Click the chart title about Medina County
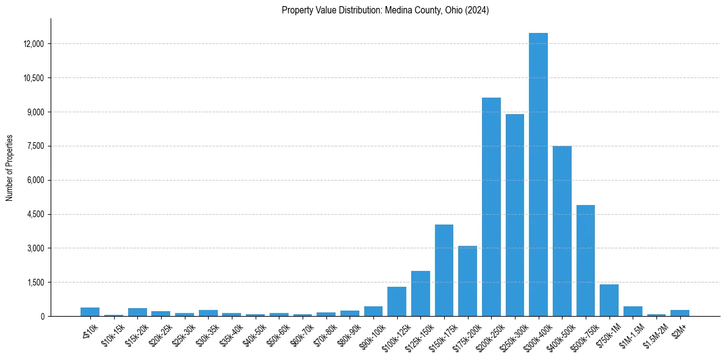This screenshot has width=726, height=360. click(385, 10)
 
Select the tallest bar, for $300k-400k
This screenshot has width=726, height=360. click(538, 175)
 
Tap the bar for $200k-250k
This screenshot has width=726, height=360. click(491, 207)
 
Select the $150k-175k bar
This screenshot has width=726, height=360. click(444, 270)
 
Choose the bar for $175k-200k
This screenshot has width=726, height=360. click(467, 281)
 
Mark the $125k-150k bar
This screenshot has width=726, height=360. click(420, 293)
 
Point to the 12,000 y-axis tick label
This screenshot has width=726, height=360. click(31, 44)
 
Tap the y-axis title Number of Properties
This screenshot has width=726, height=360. click(10, 167)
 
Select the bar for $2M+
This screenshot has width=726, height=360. click(680, 313)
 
